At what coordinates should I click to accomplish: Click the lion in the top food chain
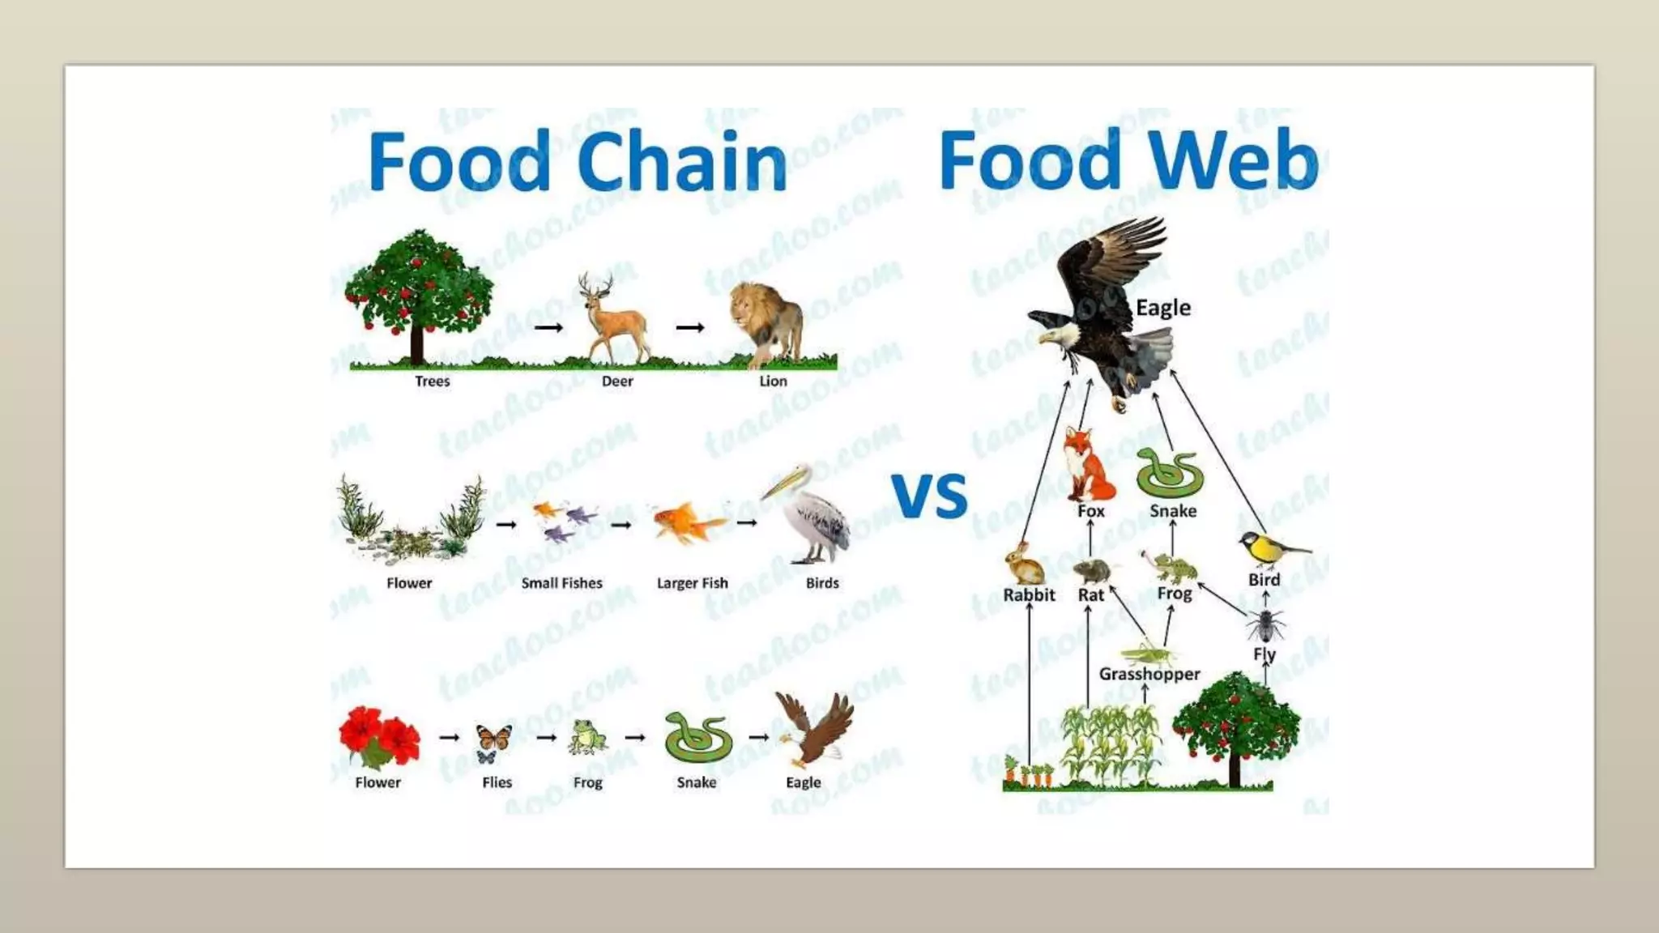766,324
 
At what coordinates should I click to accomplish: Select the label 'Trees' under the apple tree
433,381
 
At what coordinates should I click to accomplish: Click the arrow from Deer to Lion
690,328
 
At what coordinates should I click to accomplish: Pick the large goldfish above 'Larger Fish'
687,522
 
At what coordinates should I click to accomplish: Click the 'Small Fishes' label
561,583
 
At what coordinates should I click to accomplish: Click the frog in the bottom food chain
586,737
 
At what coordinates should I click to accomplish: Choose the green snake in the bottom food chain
697,737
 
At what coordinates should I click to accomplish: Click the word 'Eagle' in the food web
1163,308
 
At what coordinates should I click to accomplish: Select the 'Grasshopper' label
1149,674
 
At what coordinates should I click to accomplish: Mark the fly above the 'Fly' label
1265,624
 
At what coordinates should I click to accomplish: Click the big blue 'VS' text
930,495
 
